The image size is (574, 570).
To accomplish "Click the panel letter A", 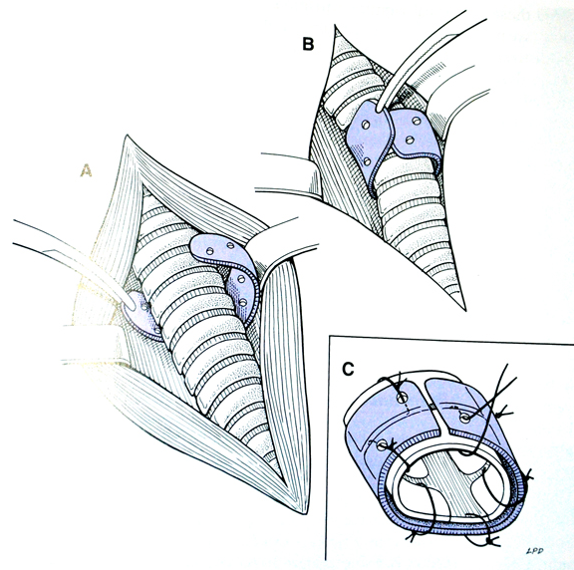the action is pos(86,170).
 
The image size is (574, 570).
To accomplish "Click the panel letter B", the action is pos(308,44).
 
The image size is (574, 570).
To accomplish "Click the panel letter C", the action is pos(348,369).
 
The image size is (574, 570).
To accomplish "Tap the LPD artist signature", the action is pos(534,551).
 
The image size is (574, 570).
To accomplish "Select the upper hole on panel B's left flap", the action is pos(366,125).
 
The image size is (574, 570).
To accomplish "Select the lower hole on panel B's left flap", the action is pos(367,161).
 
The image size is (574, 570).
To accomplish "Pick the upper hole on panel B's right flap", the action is pos(417,120).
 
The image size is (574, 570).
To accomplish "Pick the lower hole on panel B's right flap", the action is pos(410,140).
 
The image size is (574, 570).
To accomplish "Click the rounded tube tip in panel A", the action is pos(129,302).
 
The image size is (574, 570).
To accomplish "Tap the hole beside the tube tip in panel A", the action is pos(144,305).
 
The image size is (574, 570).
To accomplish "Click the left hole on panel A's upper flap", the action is pos(210,251).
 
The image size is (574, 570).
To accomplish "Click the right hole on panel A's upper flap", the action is pos(230,245).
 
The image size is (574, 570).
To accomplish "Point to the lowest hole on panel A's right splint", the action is pos(242,302).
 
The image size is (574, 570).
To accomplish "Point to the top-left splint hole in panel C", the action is pos(402,398).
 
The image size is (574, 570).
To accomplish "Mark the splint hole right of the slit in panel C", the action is pos(465,419).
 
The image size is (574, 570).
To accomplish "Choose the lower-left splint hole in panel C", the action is pos(381,445).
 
